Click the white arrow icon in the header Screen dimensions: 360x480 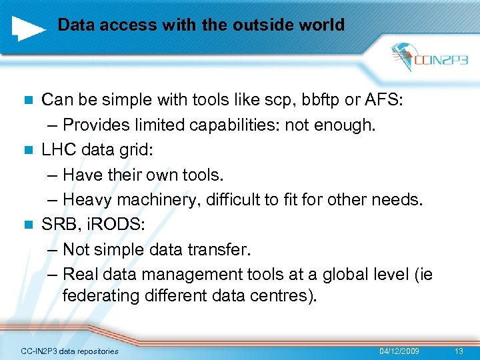click(x=28, y=27)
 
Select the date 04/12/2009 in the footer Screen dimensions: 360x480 click(x=399, y=351)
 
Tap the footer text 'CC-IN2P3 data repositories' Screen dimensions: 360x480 click(x=69, y=351)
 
